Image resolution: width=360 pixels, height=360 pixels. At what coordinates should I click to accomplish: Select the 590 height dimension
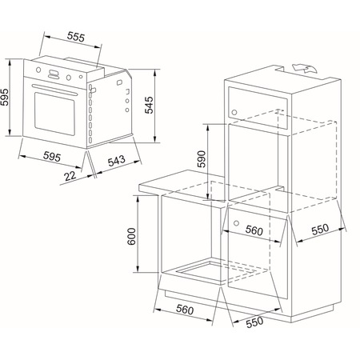(200, 160)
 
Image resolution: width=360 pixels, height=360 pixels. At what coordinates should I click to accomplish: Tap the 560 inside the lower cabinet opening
(254, 230)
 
